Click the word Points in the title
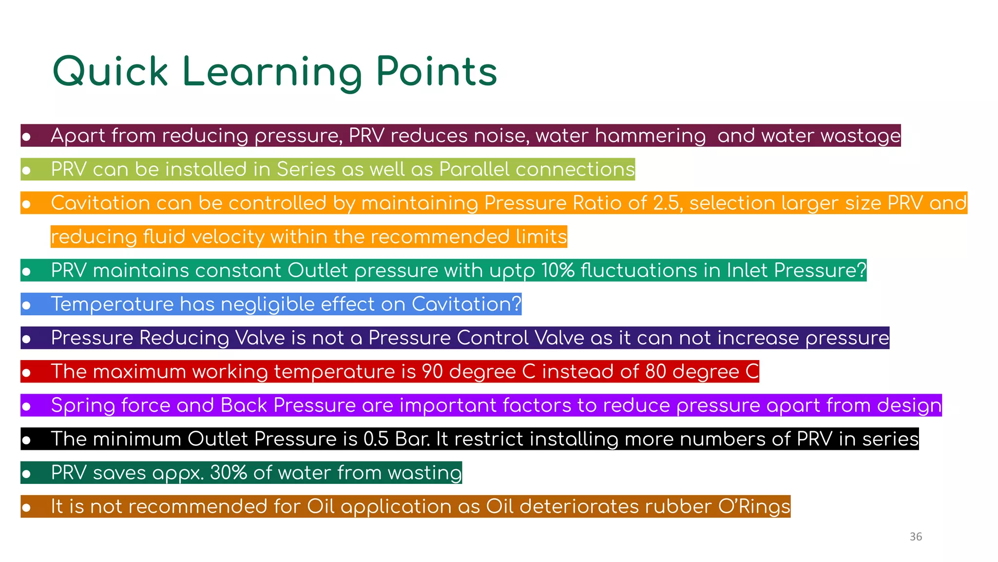[x=436, y=72]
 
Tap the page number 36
[x=916, y=537]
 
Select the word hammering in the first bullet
[x=650, y=136]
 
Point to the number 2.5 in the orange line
[x=665, y=203]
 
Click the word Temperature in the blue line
[x=112, y=304]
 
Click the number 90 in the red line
[x=432, y=371]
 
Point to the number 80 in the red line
[x=655, y=371]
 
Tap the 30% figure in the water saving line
[x=228, y=473]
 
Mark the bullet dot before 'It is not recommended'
[x=26, y=508]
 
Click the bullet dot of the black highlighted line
[x=26, y=441]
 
